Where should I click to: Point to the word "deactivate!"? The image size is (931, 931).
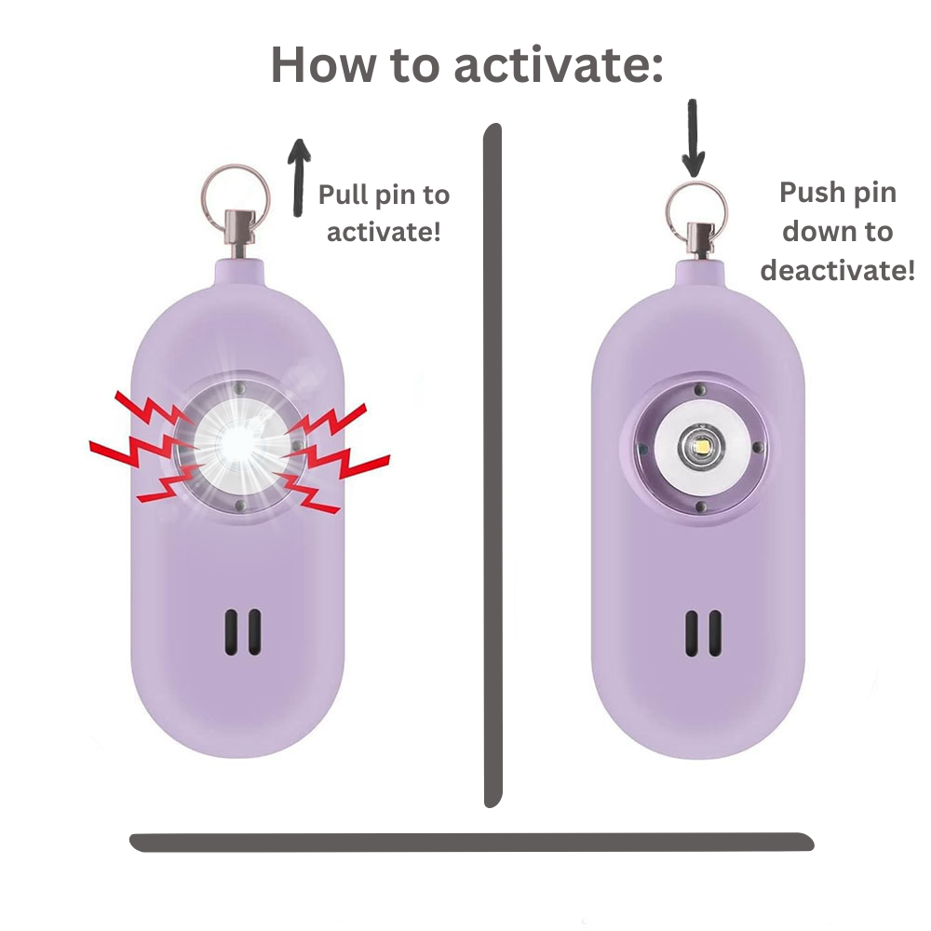click(x=837, y=270)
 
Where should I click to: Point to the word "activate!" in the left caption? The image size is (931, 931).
click(x=383, y=231)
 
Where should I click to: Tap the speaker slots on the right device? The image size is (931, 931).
click(x=704, y=633)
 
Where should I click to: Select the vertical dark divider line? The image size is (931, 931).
click(x=492, y=465)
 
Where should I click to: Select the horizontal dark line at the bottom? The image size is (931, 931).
click(x=465, y=842)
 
